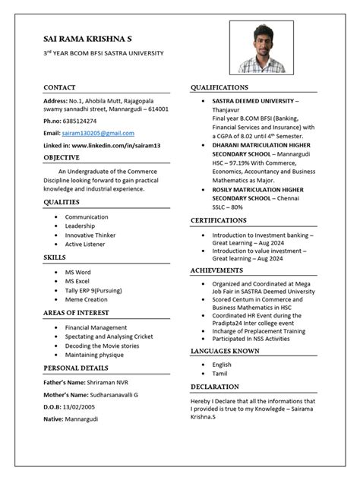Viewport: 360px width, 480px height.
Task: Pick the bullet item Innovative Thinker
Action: click(x=90, y=235)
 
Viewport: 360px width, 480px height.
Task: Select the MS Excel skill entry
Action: click(x=78, y=281)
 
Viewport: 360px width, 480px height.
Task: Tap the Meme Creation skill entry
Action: click(x=86, y=299)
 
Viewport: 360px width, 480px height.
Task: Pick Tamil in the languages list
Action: click(x=220, y=374)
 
